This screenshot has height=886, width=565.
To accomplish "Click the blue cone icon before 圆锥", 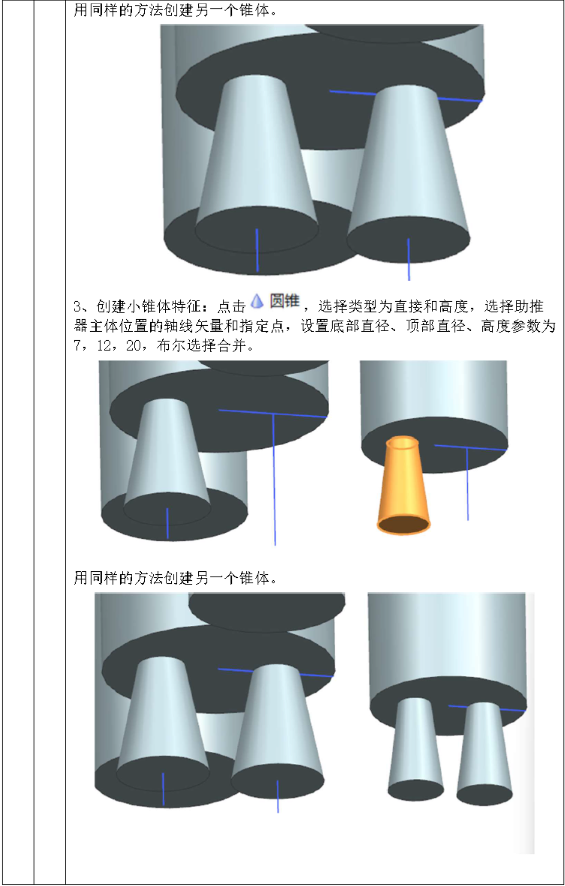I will (x=257, y=301).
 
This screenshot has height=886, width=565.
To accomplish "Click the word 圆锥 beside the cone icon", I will (x=285, y=301).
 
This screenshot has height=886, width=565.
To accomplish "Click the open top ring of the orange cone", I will (x=402, y=443).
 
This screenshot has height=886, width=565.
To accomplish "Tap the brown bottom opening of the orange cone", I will (x=403, y=525).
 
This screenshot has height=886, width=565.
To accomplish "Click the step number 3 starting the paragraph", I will (x=77, y=306).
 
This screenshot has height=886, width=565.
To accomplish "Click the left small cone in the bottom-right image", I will (x=415, y=745).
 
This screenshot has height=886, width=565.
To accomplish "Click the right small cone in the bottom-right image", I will (x=484, y=750).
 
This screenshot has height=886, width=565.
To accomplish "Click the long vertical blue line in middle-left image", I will (x=274, y=480).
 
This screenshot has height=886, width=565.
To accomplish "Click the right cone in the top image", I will (x=408, y=165).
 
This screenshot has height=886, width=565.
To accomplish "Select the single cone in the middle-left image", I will (x=167, y=450).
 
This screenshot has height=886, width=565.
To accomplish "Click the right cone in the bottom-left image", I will (x=278, y=725).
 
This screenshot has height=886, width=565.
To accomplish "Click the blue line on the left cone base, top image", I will (x=257, y=250).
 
